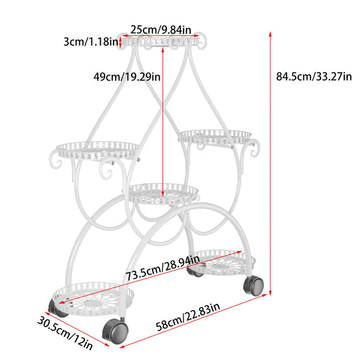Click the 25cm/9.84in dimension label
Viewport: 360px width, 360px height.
(161, 30)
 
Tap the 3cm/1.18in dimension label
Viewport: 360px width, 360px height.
(91, 42)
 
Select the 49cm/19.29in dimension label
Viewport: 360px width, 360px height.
(127, 77)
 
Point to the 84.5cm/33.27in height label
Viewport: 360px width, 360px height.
(314, 76)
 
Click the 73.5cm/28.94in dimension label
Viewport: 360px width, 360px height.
(163, 268)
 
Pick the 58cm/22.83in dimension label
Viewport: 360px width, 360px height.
(188, 316)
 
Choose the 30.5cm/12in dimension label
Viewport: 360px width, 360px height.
(65, 333)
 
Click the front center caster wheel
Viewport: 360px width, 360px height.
(115, 332)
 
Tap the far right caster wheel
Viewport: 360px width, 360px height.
(253, 286)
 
